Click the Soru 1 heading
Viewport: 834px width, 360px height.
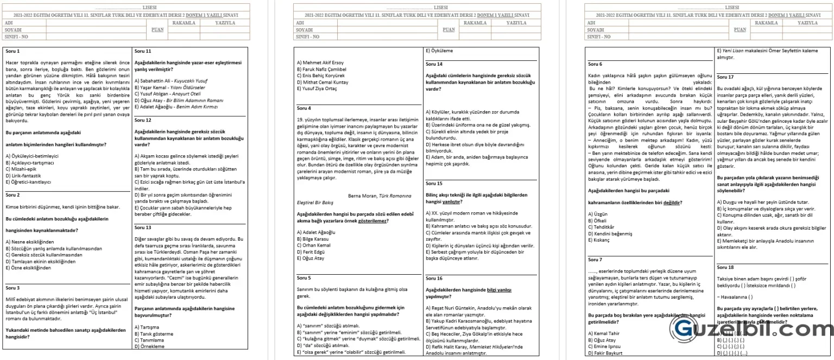12,52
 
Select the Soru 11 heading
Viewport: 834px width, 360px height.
143,52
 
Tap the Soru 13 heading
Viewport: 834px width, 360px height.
143,228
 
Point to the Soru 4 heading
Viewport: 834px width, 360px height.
304,108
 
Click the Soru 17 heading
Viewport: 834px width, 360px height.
725,77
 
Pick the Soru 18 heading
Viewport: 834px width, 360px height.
725,267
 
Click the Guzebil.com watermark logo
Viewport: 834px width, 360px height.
749,328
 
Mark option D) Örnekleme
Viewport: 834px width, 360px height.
149,346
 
